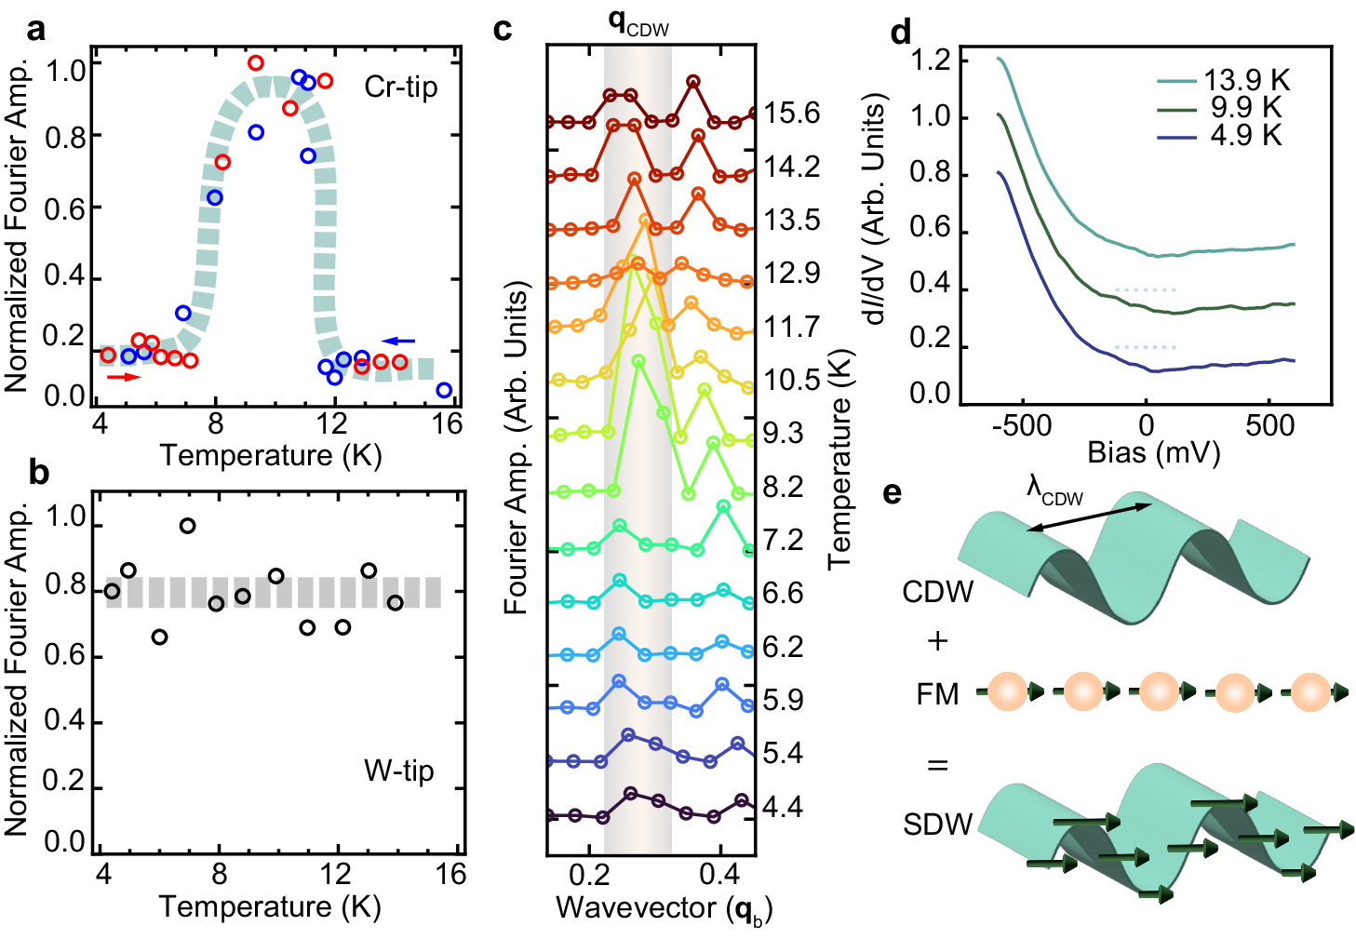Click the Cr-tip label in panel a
click(x=400, y=87)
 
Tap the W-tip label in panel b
click(x=398, y=771)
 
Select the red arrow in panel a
click(x=123, y=377)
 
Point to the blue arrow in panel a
click(x=399, y=341)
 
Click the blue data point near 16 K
click(x=444, y=390)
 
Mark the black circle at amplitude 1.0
click(x=187, y=526)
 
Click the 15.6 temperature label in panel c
click(x=791, y=114)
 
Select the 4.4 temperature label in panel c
click(x=782, y=806)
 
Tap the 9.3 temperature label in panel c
click(x=783, y=433)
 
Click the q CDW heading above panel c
click(x=638, y=23)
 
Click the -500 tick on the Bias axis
click(x=1021, y=426)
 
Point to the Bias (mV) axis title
click(x=1153, y=453)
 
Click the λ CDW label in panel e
click(x=1054, y=490)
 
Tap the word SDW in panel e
click(x=937, y=825)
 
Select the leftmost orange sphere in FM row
click(x=1007, y=691)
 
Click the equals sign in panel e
click(x=937, y=766)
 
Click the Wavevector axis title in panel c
click(x=664, y=908)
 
